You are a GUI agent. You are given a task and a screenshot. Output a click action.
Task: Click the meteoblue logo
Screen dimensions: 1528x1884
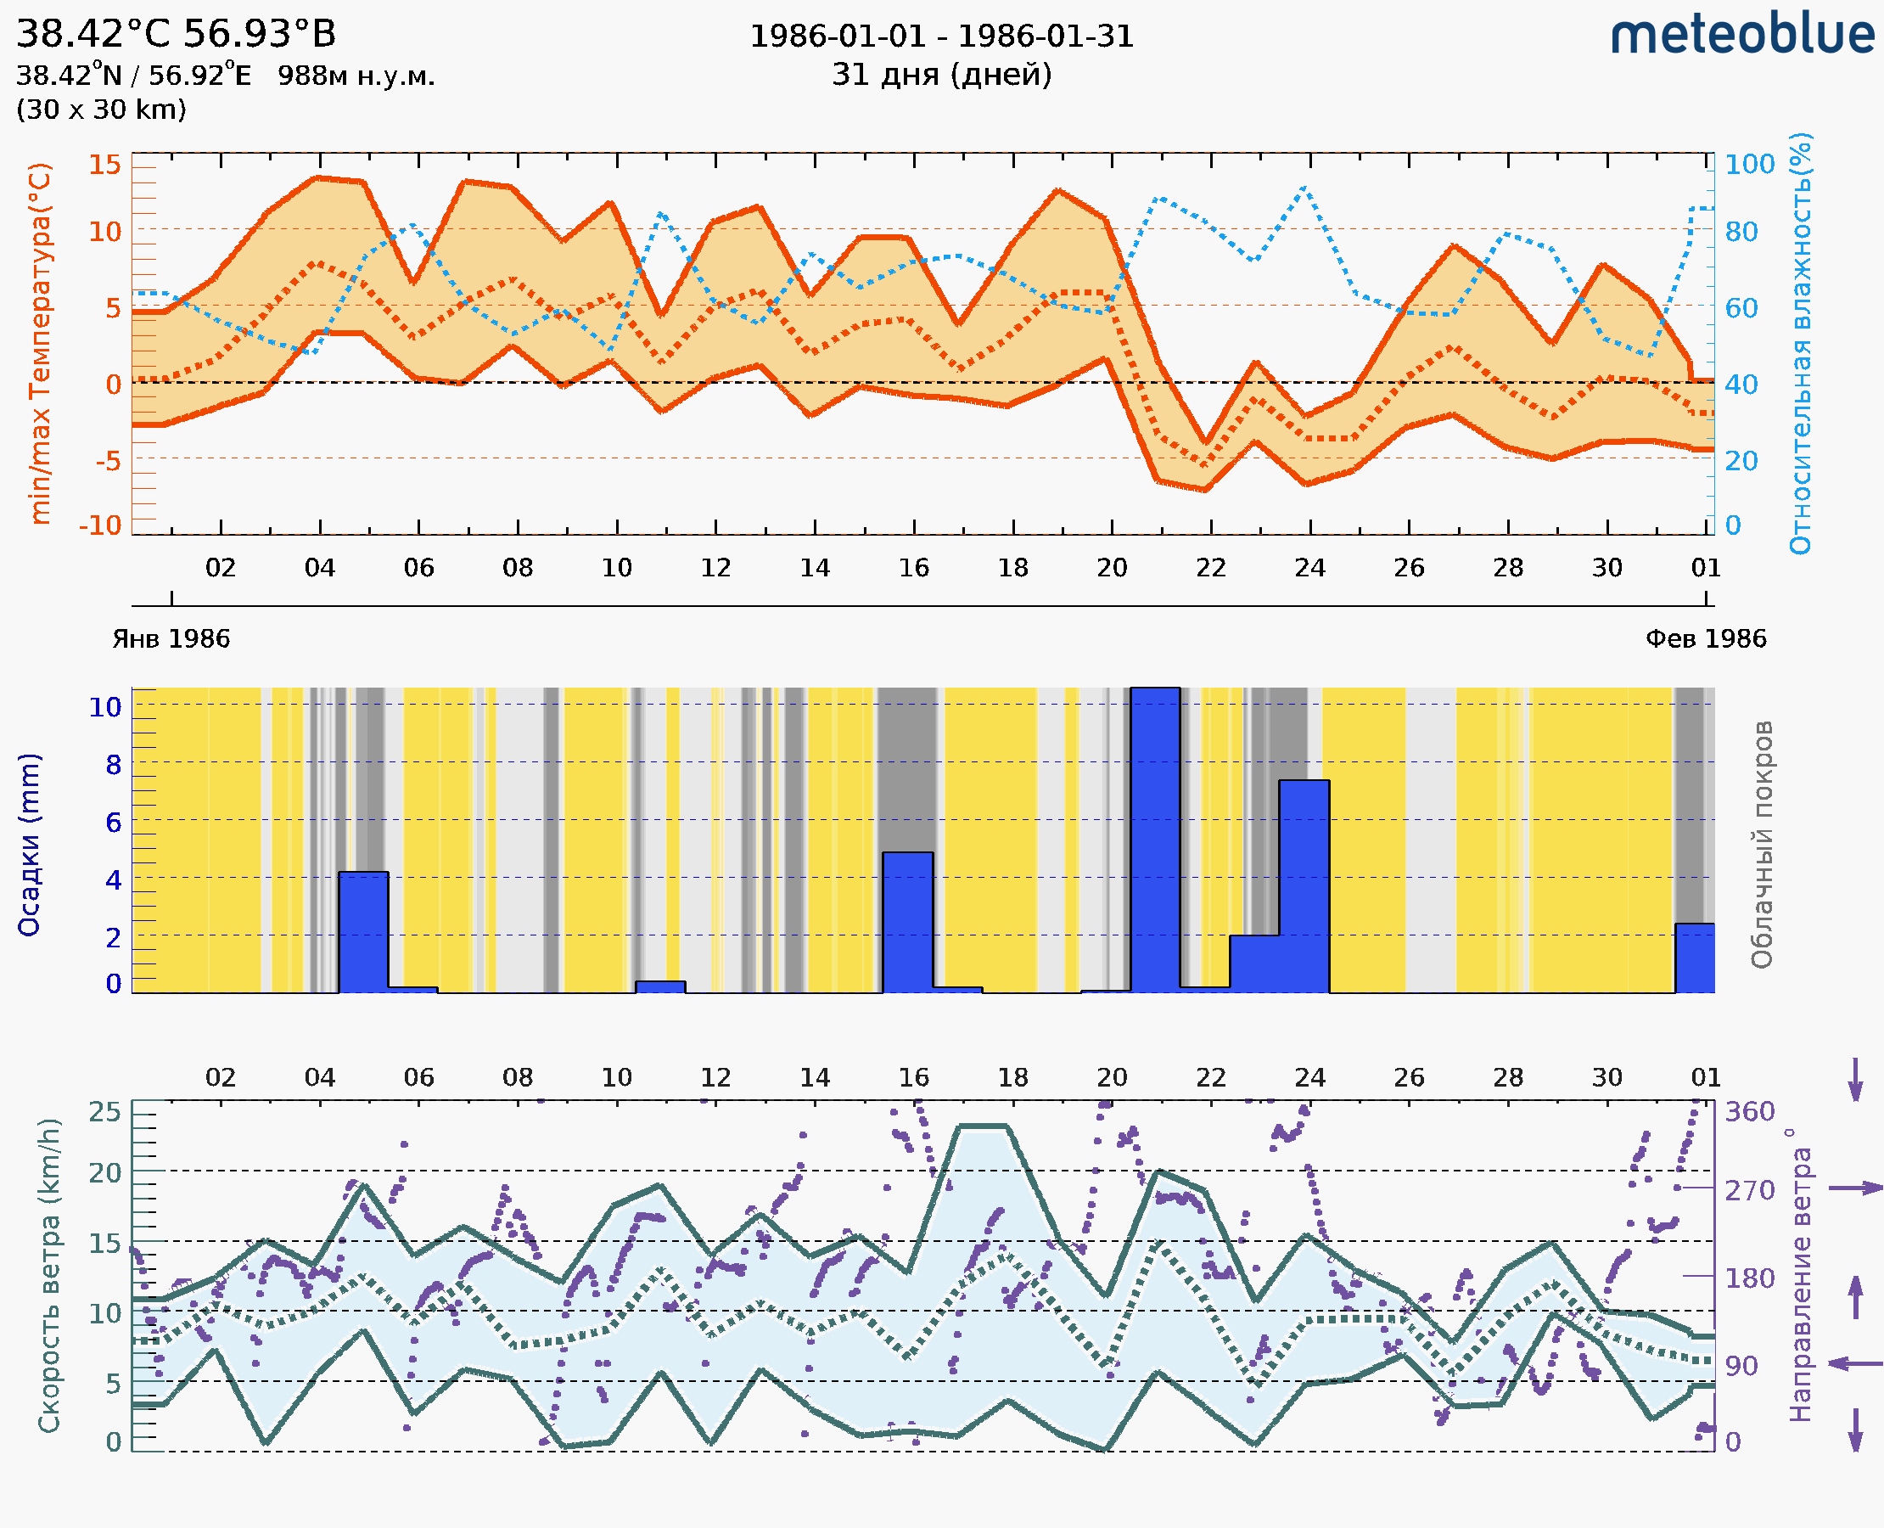[1741, 35]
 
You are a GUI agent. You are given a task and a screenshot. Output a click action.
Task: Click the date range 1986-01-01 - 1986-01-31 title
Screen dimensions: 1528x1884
[941, 37]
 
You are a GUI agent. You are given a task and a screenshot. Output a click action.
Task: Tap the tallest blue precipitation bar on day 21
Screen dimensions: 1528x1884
[1154, 840]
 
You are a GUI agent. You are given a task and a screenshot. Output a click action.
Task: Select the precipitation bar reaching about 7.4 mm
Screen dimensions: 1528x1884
[1304, 885]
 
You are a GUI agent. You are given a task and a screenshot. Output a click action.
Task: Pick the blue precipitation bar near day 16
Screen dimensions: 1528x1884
[907, 922]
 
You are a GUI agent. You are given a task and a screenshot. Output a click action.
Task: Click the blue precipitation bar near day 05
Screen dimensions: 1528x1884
[362, 931]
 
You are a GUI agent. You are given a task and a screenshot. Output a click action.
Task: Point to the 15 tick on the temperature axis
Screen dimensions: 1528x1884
[104, 165]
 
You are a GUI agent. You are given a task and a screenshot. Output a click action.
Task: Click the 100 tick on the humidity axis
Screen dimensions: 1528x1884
[1749, 165]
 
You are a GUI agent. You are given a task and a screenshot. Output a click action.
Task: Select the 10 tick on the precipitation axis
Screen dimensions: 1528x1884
[104, 707]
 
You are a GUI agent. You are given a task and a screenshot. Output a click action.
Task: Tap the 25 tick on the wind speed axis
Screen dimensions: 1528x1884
[104, 1112]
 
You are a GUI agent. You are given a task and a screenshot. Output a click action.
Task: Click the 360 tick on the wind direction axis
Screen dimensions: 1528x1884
[1749, 1112]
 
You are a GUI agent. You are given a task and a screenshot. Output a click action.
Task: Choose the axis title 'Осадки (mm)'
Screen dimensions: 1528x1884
[29, 845]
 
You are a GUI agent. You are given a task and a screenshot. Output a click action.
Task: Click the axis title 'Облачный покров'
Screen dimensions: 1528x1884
[1761, 845]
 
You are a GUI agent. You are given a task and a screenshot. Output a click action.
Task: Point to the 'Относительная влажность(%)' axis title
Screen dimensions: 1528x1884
[1800, 343]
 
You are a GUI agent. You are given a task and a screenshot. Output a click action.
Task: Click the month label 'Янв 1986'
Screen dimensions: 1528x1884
[171, 639]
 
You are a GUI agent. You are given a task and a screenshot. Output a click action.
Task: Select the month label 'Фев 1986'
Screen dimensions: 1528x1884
[1706, 639]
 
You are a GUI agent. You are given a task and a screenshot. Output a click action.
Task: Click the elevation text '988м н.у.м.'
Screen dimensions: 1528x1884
[356, 76]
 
